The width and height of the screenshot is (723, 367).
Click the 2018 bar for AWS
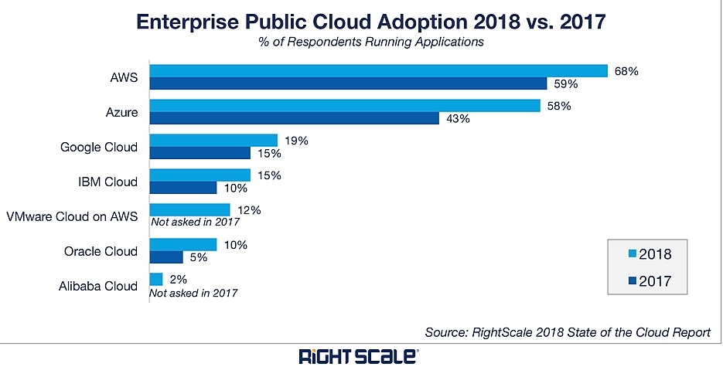378,70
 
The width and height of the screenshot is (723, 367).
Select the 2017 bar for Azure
294,118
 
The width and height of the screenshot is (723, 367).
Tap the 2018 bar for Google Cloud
213,140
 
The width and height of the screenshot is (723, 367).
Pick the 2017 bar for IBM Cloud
183,188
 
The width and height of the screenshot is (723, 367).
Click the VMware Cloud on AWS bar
190,209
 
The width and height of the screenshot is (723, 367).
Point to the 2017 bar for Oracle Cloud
166,257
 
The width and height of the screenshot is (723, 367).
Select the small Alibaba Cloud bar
156,279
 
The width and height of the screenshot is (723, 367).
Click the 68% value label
626,71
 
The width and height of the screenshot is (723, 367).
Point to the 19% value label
296,141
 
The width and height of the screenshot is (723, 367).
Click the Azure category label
121,113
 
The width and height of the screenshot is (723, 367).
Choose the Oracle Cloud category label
101,251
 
